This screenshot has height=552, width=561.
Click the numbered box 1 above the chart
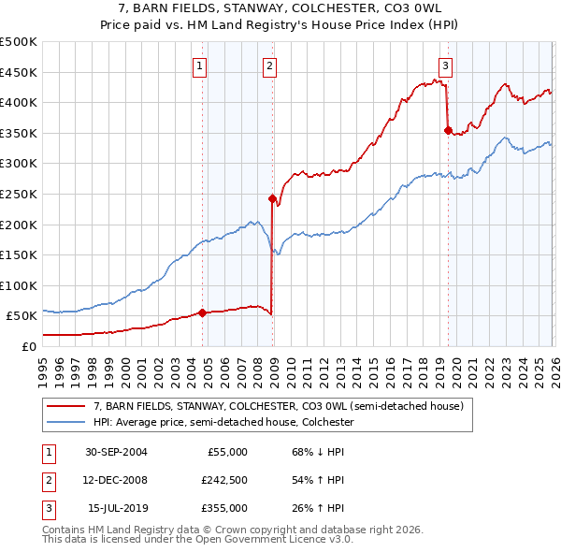[201, 65]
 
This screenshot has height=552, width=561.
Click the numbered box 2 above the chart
[269, 65]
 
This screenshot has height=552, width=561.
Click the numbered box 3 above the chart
[446, 65]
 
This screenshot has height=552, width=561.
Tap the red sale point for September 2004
[203, 312]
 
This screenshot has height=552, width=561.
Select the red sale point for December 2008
[272, 198]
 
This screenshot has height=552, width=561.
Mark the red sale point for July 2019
[448, 130]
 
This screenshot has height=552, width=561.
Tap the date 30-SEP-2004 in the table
[116, 452]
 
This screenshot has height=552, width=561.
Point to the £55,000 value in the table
[225, 452]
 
